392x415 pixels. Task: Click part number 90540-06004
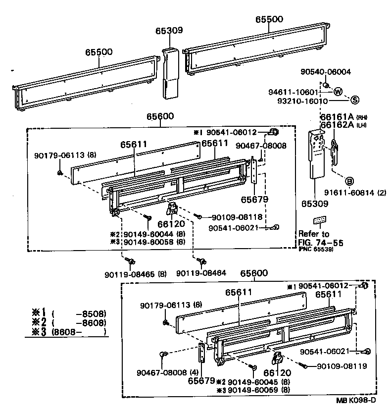[325, 72]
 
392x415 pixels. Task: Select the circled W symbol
[338, 92]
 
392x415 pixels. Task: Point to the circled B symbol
[349, 181]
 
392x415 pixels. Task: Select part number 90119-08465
[130, 274]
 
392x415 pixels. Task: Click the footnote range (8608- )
[79, 332]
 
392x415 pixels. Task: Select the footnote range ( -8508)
[79, 314]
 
